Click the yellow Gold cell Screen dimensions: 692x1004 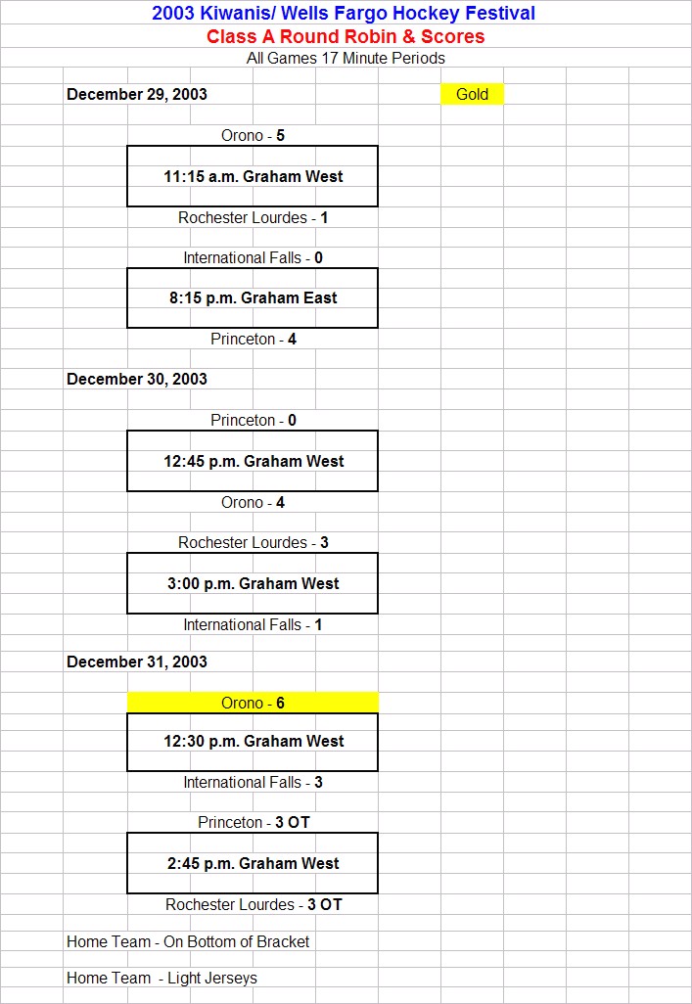click(x=472, y=94)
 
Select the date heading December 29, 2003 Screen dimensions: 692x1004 click(x=136, y=94)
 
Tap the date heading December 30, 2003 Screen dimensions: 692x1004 click(x=136, y=379)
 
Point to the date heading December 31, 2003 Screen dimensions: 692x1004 click(x=136, y=662)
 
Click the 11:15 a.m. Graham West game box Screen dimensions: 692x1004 click(x=253, y=176)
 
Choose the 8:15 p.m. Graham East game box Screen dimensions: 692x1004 click(x=253, y=297)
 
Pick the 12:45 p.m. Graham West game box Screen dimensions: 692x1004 click(x=253, y=461)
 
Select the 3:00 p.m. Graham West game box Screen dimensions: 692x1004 click(x=253, y=583)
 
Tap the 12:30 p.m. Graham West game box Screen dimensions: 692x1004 click(x=253, y=742)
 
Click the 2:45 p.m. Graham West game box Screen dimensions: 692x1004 click(x=253, y=863)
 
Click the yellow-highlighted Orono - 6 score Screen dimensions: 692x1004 click(x=253, y=703)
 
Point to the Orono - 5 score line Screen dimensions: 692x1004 click(x=253, y=136)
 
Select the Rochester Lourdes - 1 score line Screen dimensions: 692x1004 click(x=253, y=217)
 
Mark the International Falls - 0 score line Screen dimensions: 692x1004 click(x=253, y=258)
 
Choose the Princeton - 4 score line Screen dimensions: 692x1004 click(x=253, y=340)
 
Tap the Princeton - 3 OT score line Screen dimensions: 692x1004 click(x=254, y=822)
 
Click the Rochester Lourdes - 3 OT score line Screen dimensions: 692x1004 click(x=254, y=905)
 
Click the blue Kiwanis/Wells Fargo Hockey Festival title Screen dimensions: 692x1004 click(x=344, y=13)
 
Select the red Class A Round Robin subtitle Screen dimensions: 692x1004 click(x=346, y=36)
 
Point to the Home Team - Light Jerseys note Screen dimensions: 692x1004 click(x=161, y=979)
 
